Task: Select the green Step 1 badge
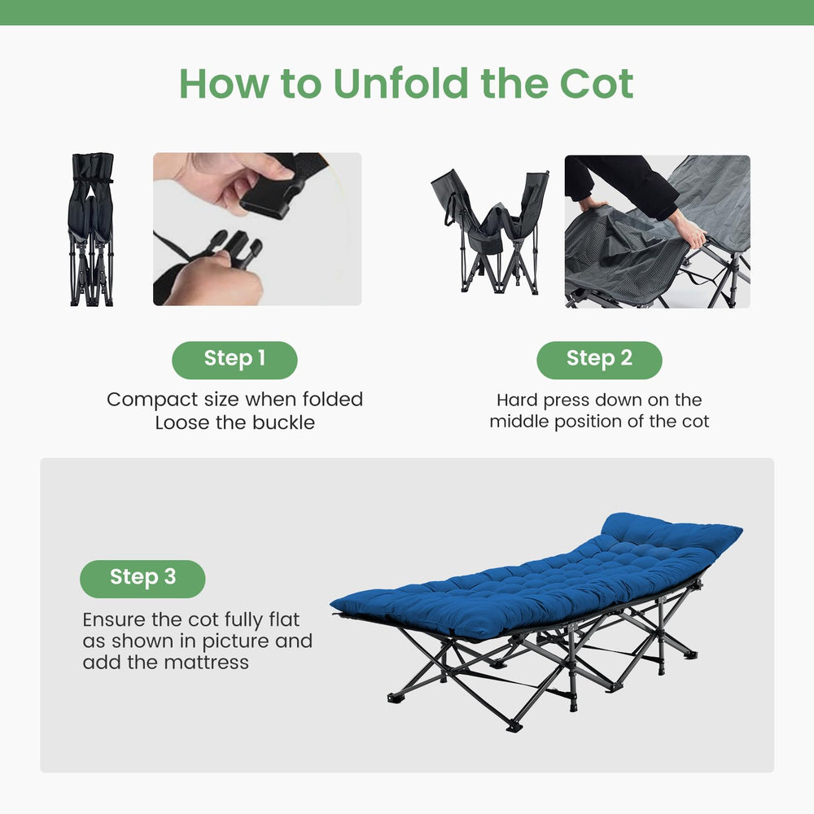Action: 234,360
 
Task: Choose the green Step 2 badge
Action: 599,360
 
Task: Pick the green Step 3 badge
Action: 142,579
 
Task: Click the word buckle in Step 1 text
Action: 283,422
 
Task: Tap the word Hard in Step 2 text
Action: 517,400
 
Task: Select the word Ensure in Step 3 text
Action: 114,619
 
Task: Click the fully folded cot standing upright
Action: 91,230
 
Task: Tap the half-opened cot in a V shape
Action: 490,231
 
